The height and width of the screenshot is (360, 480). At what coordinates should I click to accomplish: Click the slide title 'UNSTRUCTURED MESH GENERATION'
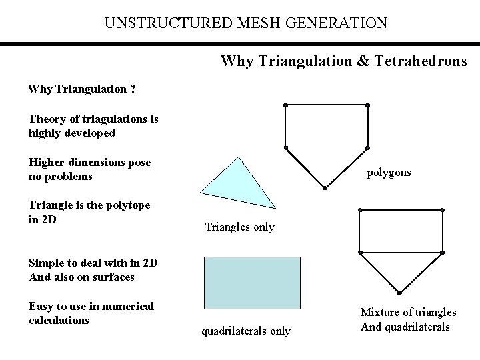pos(245,23)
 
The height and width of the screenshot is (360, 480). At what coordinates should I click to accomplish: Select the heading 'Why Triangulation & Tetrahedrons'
pos(343,61)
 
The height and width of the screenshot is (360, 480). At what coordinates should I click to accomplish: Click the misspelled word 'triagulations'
pos(112,119)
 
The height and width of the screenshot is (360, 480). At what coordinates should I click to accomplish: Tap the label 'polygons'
pos(389,172)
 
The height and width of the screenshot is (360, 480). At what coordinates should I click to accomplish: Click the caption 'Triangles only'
pos(239,227)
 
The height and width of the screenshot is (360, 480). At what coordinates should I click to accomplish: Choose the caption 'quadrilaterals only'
pos(245,331)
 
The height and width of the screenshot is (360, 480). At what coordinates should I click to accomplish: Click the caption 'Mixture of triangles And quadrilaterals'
pos(408,319)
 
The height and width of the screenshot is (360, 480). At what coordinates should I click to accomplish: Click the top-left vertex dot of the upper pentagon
pos(285,105)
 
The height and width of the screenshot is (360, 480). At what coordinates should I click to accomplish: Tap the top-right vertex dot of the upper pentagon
pos(367,105)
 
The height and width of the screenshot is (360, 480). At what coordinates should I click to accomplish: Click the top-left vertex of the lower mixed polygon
pos(359,211)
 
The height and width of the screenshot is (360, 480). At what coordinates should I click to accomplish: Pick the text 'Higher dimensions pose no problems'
pos(89,169)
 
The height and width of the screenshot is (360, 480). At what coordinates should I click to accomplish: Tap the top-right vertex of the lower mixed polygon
pos(442,211)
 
